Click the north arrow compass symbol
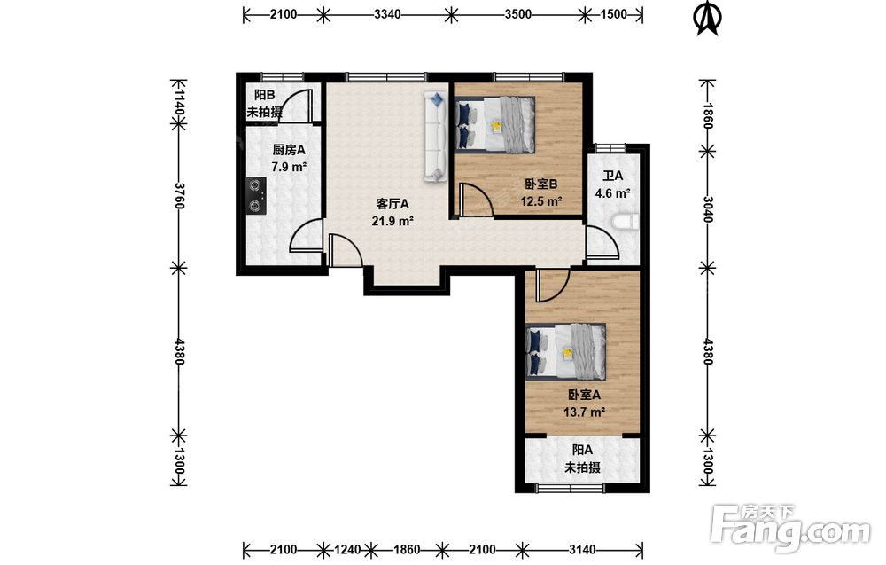click(706, 18)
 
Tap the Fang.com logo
click(791, 529)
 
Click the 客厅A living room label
click(392, 204)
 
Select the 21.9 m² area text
click(392, 221)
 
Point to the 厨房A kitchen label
click(289, 150)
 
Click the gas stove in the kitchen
click(256, 196)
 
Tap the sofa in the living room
click(436, 137)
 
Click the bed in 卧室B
click(495, 124)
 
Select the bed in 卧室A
click(566, 350)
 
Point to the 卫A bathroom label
click(612, 176)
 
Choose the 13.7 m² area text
click(584, 412)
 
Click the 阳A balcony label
click(583, 451)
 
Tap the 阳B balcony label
click(264, 95)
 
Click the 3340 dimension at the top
click(388, 14)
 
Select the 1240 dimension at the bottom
click(347, 550)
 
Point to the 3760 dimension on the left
click(179, 195)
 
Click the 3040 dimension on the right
click(707, 208)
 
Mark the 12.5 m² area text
click(540, 201)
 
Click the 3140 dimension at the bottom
click(582, 550)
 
